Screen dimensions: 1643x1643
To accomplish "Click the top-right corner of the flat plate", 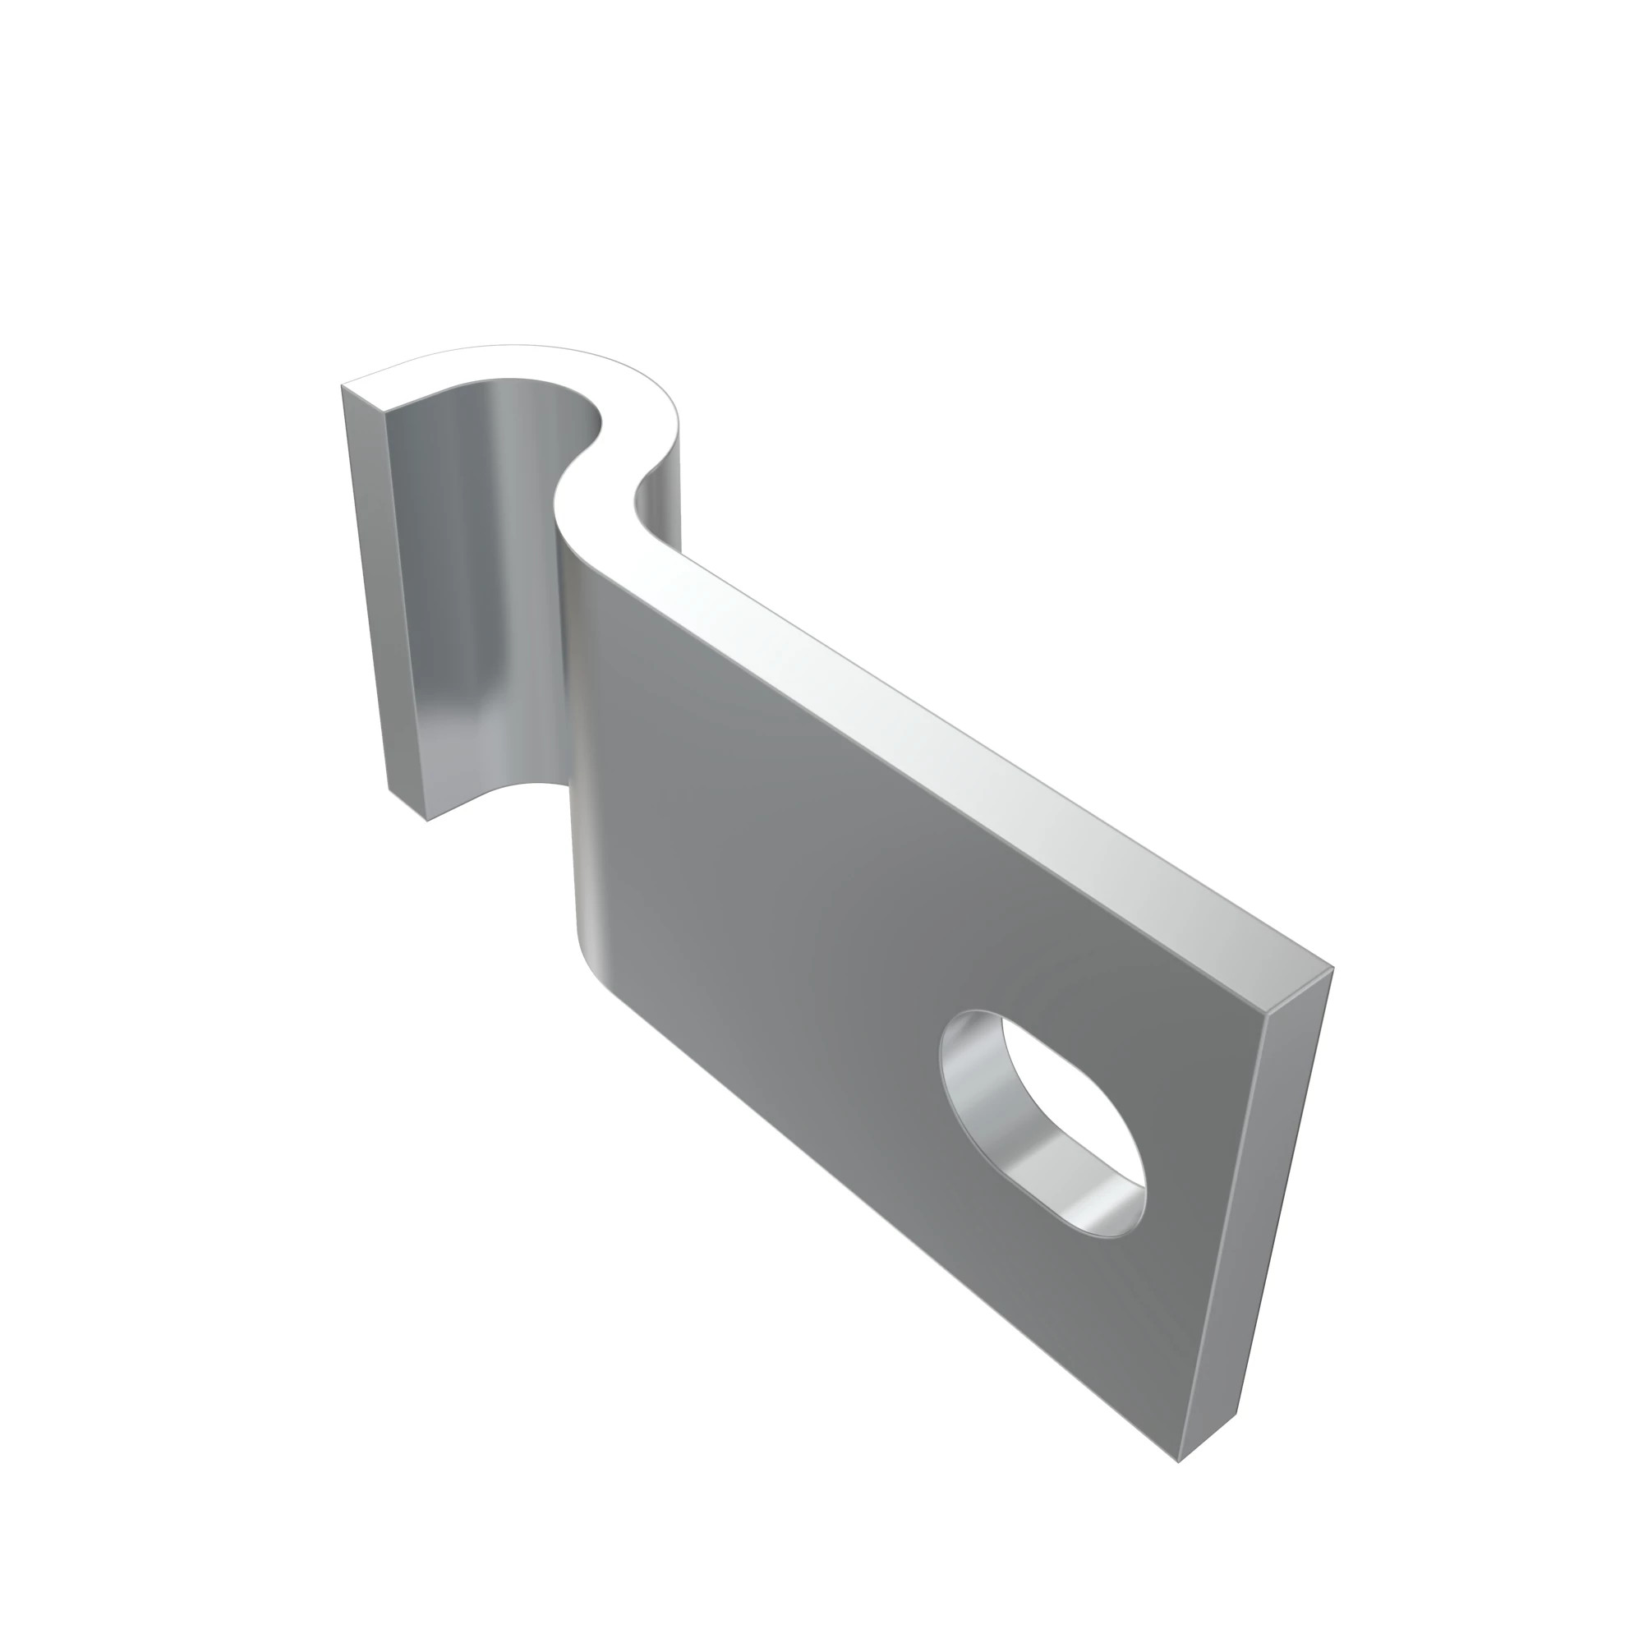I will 1332,968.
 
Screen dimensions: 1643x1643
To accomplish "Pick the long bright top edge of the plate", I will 978,748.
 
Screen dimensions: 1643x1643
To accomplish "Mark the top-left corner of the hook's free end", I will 342,385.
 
